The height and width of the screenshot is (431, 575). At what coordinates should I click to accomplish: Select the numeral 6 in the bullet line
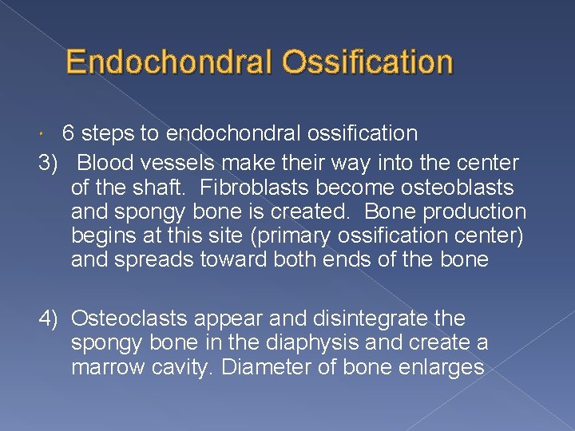[69, 133]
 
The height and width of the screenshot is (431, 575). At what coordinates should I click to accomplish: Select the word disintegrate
[363, 318]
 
